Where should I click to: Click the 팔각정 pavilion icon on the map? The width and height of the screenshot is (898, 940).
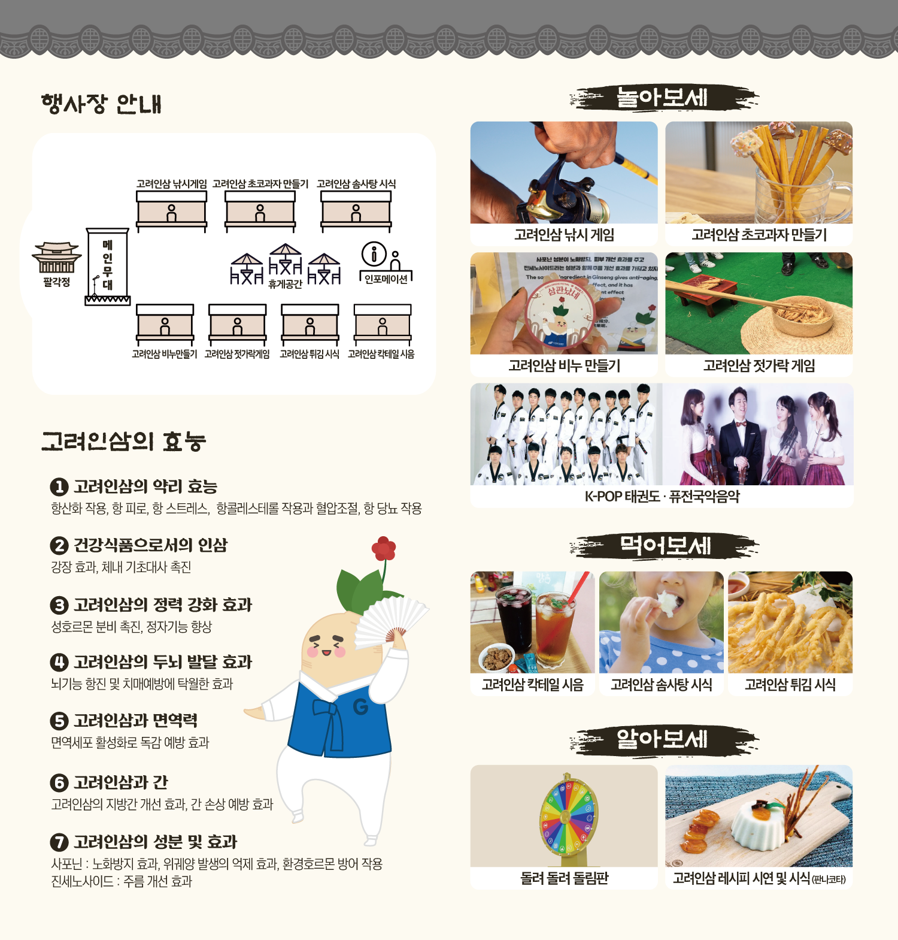56,258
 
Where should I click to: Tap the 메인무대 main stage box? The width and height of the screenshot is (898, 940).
108,267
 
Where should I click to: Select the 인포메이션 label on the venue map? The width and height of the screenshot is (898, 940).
386,279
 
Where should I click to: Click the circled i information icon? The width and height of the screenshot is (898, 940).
374,254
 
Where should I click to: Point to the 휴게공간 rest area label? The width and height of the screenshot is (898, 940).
285,284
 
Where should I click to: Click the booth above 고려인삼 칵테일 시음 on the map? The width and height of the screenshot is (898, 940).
383,325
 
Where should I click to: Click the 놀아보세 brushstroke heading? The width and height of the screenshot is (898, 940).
663,98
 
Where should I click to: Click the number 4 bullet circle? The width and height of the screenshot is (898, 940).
59,662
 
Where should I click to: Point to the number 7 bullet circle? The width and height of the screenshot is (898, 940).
59,842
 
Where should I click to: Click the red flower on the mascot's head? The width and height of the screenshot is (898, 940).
384,548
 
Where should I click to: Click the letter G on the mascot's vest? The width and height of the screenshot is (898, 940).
360,708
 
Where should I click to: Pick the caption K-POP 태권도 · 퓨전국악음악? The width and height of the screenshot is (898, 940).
662,497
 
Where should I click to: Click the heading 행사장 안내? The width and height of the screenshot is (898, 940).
102,104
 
